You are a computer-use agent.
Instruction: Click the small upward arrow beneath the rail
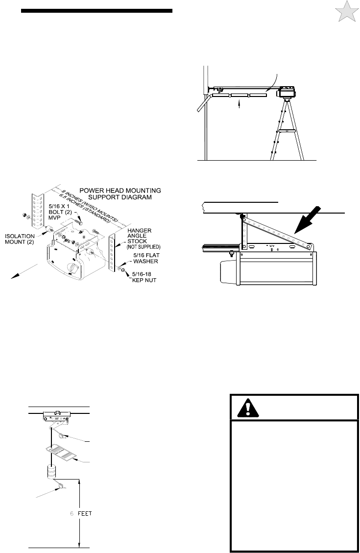point(239,103)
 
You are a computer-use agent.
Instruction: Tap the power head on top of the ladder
point(288,92)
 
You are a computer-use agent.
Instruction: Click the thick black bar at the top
point(97,11)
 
